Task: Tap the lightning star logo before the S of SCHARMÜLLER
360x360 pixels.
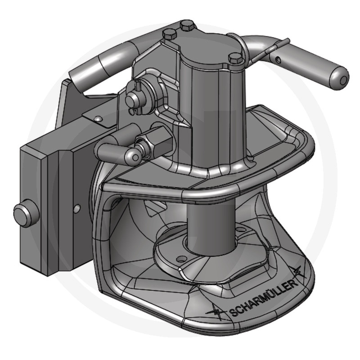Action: (217, 312)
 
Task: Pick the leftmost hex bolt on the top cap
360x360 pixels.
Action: (170, 35)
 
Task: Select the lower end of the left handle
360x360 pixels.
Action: (77, 78)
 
